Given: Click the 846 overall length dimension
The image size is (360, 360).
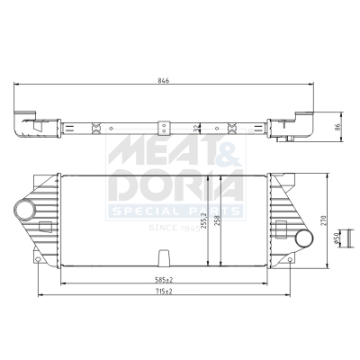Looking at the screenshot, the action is (x=164, y=80).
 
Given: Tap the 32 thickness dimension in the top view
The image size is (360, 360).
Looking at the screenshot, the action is (x=196, y=128).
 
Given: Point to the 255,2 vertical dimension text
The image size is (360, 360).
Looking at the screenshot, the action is (x=204, y=220).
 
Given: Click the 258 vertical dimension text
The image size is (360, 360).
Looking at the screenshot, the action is (x=218, y=220).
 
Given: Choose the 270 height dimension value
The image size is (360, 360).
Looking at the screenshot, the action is (x=323, y=220).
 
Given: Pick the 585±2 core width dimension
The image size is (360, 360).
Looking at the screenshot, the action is (x=164, y=280).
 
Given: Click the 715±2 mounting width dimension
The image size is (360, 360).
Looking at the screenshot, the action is (x=164, y=292).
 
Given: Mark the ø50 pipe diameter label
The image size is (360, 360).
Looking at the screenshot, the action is (x=336, y=238).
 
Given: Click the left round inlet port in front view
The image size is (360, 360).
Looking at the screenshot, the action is (x=25, y=210).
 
